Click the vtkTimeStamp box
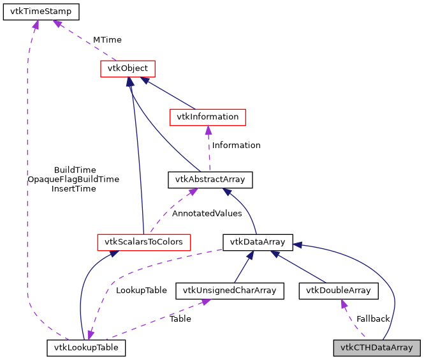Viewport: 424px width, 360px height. point(41,11)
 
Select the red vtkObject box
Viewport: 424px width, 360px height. point(128,68)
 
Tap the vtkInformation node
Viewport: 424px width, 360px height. point(207,117)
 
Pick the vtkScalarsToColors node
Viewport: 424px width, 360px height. point(144,242)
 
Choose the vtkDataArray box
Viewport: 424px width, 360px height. point(257,242)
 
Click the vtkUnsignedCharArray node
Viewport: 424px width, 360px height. point(230,291)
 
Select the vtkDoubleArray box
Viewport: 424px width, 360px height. point(339,291)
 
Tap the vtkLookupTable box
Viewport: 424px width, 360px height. point(86,348)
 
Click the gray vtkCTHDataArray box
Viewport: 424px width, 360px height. point(377,348)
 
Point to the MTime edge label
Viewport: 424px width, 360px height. point(107,40)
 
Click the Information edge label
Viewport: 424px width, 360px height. point(236,146)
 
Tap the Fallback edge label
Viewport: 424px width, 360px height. point(373,319)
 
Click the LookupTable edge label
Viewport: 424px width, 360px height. point(141,290)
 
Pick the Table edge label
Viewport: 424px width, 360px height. point(180,319)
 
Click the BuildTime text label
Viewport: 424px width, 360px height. point(75,170)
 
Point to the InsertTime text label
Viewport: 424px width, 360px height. point(73,189)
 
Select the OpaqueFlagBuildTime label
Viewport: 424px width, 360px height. point(73,179)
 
